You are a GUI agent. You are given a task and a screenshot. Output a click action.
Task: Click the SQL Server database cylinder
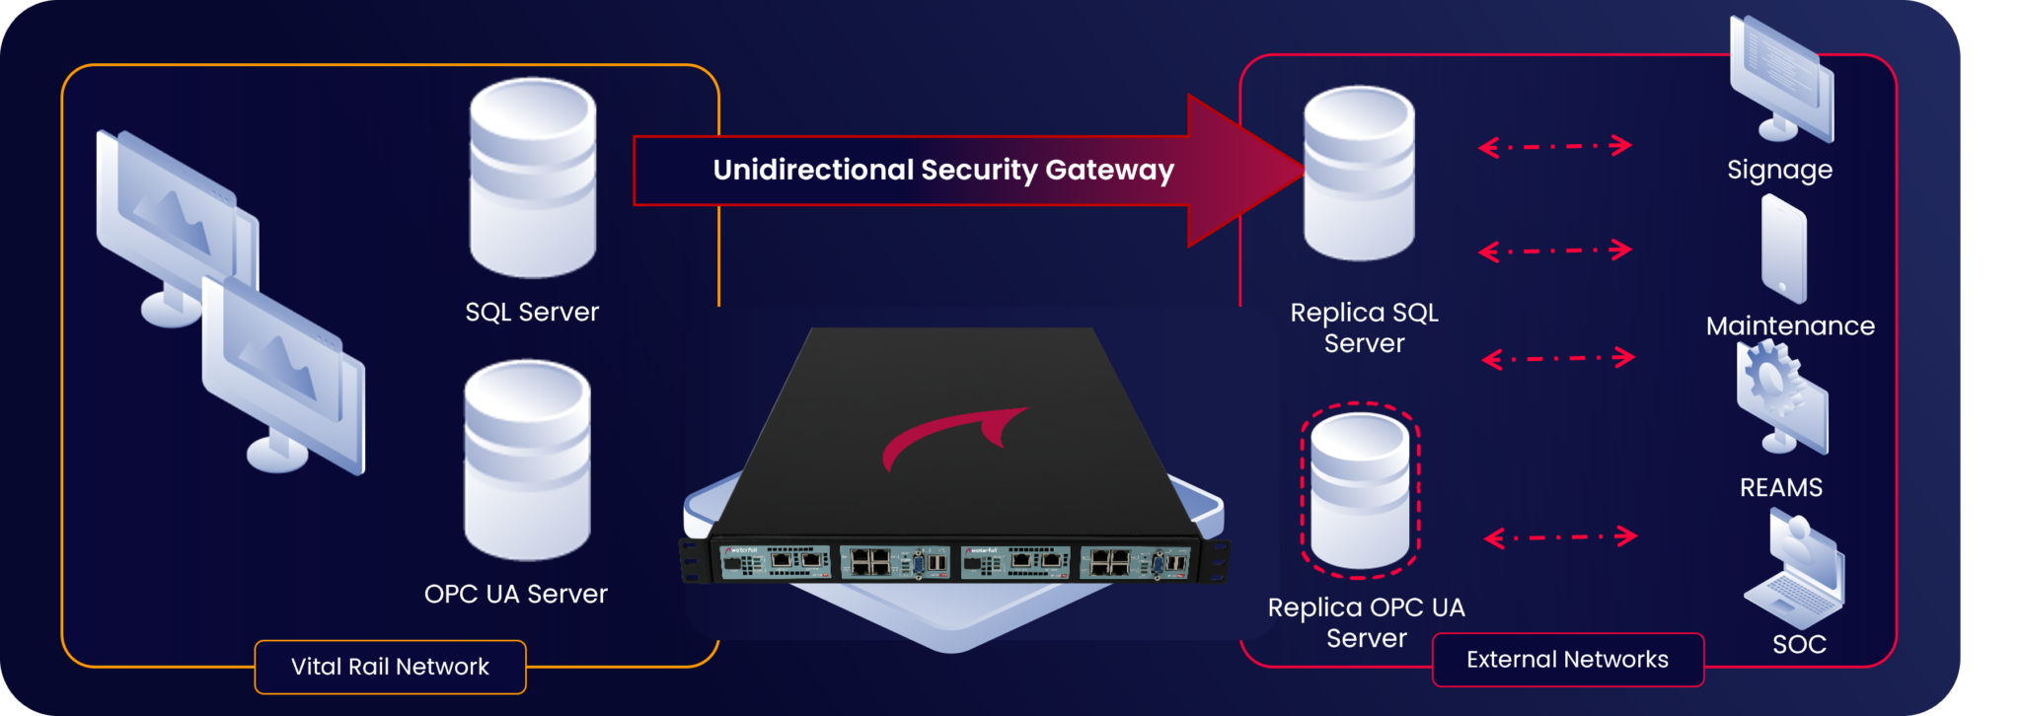533,178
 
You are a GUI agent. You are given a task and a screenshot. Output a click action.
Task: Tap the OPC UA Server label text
515,594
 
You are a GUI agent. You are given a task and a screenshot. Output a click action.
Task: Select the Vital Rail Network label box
391,667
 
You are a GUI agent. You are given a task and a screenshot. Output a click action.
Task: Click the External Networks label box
1567,659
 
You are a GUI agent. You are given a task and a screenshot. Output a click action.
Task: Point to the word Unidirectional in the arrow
813,170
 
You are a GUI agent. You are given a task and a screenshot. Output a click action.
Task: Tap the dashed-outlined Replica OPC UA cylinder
1360,489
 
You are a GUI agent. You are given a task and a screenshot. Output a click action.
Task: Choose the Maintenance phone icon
1784,249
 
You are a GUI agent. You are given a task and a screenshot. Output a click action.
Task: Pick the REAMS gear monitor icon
1782,399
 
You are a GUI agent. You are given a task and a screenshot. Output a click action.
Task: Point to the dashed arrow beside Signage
1555,147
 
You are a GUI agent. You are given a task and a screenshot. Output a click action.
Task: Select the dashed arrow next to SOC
1560,537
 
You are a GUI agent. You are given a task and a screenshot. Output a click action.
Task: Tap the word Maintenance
1790,325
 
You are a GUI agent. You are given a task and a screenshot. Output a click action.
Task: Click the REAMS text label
1780,487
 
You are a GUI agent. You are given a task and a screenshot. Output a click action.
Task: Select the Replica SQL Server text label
1364,327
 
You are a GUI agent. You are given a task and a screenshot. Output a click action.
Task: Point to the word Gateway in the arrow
1109,170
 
